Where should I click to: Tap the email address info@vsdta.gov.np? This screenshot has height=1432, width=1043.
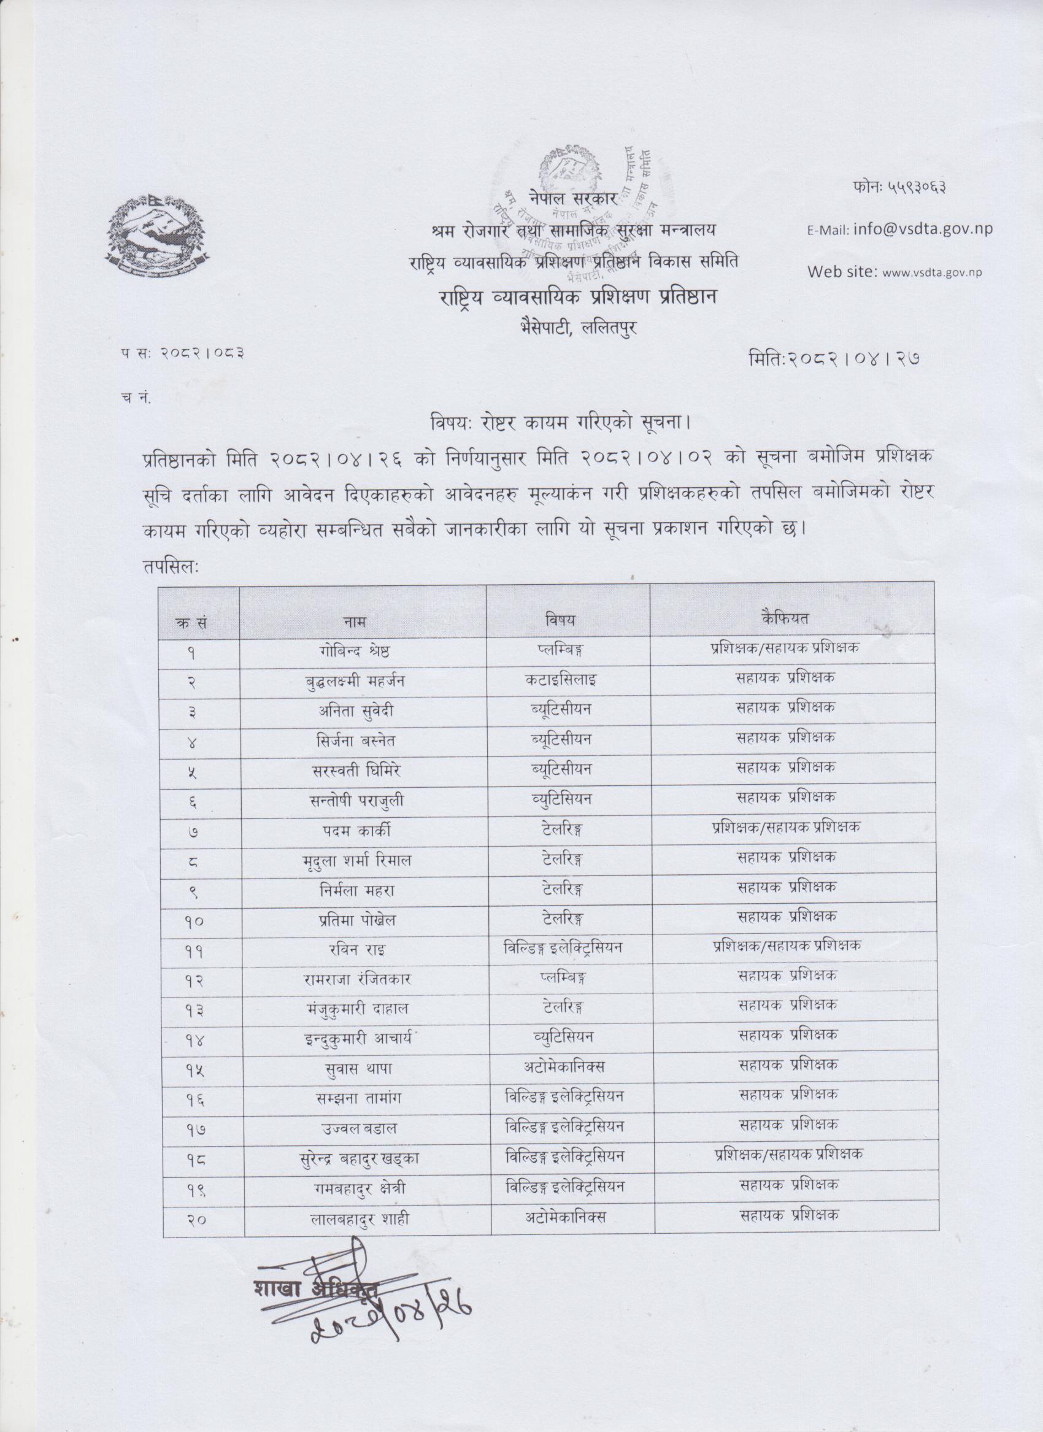922,229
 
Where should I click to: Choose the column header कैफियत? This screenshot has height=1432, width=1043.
785,619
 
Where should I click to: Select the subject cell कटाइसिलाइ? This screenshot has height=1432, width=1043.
569,680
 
